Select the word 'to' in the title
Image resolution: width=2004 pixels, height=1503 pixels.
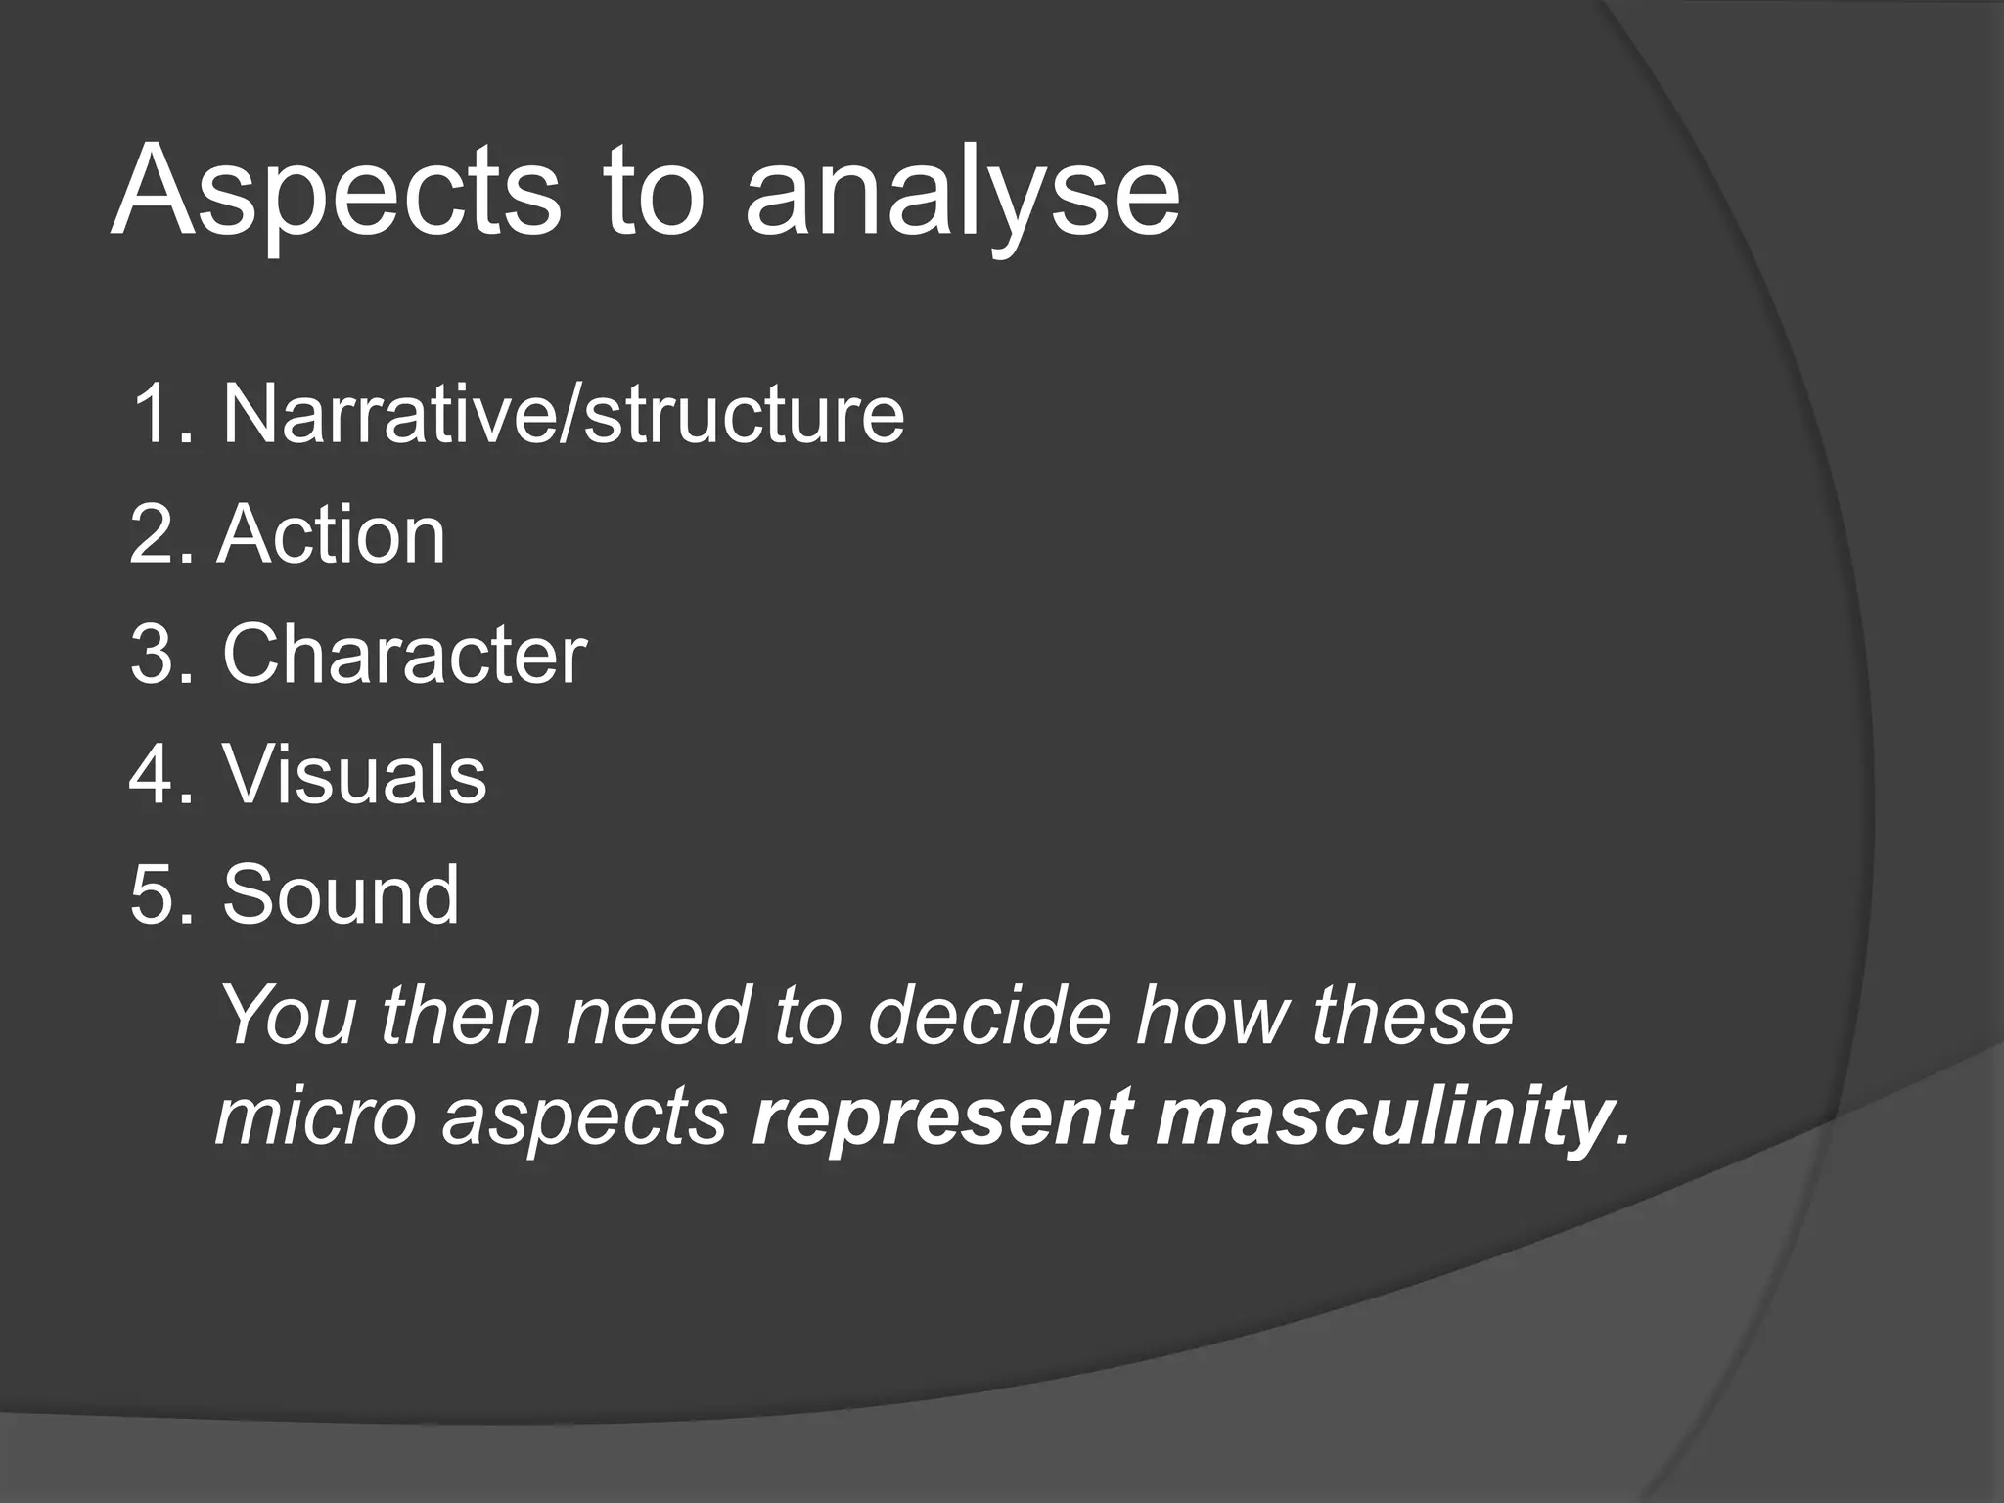click(x=653, y=193)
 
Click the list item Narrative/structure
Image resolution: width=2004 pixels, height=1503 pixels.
click(x=563, y=414)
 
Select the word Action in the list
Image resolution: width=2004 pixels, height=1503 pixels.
click(x=332, y=535)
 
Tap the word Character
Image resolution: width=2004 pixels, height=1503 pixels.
click(x=404, y=655)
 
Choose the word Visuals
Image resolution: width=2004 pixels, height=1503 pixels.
click(x=354, y=775)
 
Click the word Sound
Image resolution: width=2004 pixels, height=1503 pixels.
click(x=341, y=894)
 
